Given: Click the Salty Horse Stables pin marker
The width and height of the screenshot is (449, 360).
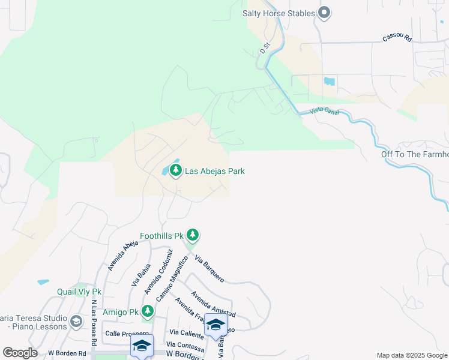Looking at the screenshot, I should point(325,12).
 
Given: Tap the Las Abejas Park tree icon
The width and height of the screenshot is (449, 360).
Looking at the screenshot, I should point(176,171).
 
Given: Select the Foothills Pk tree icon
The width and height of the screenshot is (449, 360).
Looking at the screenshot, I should point(192,235).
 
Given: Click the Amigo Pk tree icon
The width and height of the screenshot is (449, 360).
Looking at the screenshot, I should point(147,312).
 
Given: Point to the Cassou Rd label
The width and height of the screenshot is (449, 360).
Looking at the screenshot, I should point(397,38).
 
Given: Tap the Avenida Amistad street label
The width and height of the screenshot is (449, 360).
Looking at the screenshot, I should point(213,304).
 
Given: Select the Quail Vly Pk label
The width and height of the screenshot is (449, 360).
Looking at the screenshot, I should point(79,292).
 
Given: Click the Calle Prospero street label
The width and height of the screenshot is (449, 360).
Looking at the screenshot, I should point(127,333).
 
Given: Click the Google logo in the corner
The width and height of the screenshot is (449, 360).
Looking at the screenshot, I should point(20,353).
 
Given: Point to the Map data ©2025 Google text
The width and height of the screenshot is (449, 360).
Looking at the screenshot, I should point(411,355).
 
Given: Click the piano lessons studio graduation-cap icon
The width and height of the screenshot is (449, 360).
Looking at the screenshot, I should point(76,322).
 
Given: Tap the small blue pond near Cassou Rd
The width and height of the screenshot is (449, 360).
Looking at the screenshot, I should point(330,80).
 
